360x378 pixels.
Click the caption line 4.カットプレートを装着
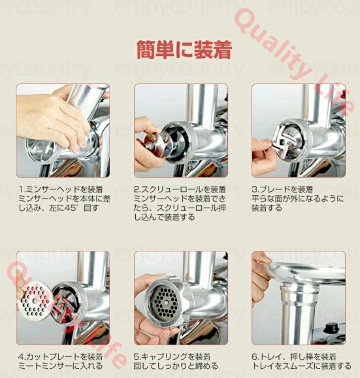click(61, 357)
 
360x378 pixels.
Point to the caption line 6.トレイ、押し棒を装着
click(294, 357)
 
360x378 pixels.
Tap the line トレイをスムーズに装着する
click(297, 366)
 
